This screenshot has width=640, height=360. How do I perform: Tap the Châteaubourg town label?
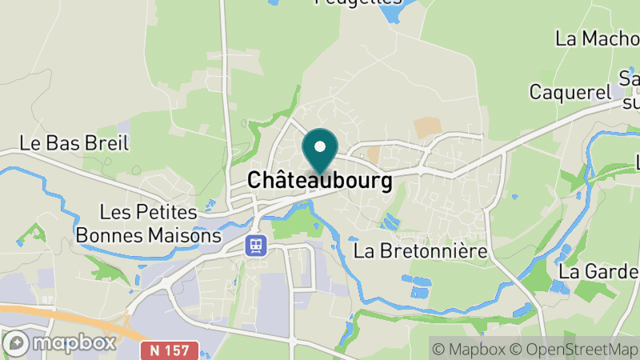click(320, 181)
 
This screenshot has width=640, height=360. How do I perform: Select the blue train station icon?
click(256, 244)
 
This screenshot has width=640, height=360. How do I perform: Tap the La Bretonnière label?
click(420, 250)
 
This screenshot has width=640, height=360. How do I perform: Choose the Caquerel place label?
click(570, 92)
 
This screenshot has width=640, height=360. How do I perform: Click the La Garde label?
click(598, 271)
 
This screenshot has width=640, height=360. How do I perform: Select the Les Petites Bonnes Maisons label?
click(148, 224)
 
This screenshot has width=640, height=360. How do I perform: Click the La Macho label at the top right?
click(596, 38)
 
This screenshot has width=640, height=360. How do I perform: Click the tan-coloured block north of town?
click(427, 126)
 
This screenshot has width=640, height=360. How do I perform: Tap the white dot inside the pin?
click(320, 146)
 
